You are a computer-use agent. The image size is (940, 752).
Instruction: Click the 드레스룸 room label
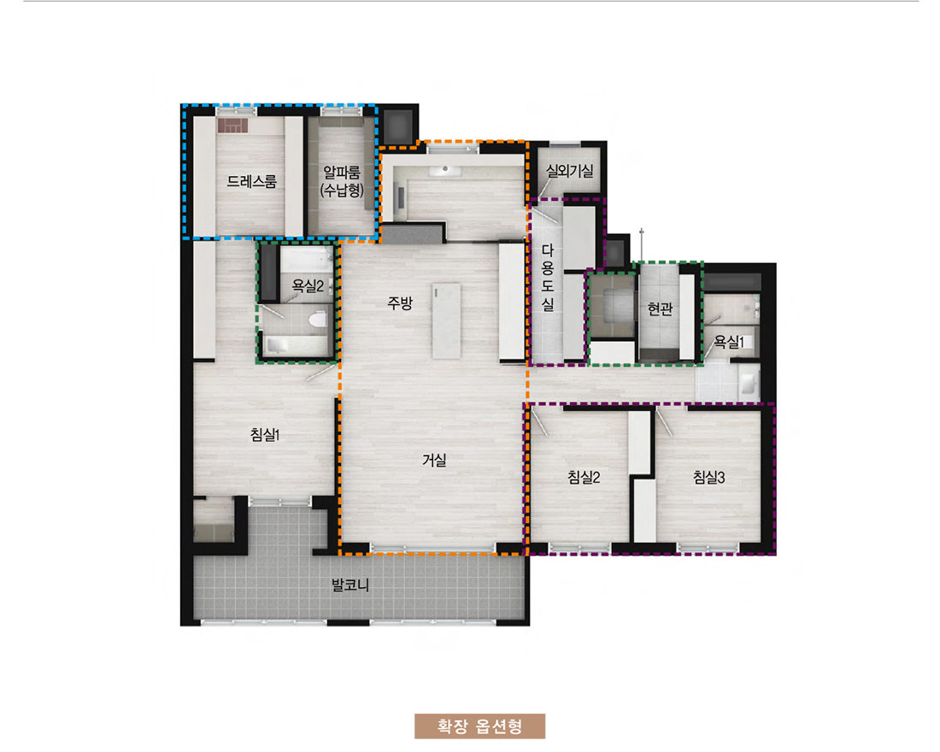point(252,181)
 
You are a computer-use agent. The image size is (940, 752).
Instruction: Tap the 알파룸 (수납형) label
point(342,182)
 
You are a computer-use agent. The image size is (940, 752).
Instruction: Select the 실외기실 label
point(569,171)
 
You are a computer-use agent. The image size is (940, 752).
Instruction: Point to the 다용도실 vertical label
point(548,277)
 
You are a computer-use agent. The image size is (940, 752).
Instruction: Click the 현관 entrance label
point(660,308)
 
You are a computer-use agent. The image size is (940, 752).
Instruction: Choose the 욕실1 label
point(728,342)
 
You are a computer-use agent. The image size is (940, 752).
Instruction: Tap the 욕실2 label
point(308,286)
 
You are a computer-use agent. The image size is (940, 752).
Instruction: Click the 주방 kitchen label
point(400,303)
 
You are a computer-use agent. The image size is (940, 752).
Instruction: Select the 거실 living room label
point(435,460)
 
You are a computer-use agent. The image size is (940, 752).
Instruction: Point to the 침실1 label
point(265,434)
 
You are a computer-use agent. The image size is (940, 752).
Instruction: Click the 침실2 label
point(584,478)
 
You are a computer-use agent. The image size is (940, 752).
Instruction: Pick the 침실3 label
point(709,478)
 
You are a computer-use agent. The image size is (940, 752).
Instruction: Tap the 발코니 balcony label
point(350,585)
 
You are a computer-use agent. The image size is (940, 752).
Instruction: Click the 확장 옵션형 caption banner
point(479,726)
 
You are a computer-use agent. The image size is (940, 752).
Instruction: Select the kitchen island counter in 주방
point(447,320)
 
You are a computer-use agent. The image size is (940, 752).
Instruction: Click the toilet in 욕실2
point(318,319)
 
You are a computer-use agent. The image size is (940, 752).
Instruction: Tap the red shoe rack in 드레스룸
point(232,126)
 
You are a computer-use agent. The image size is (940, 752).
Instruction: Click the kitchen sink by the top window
point(445,170)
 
